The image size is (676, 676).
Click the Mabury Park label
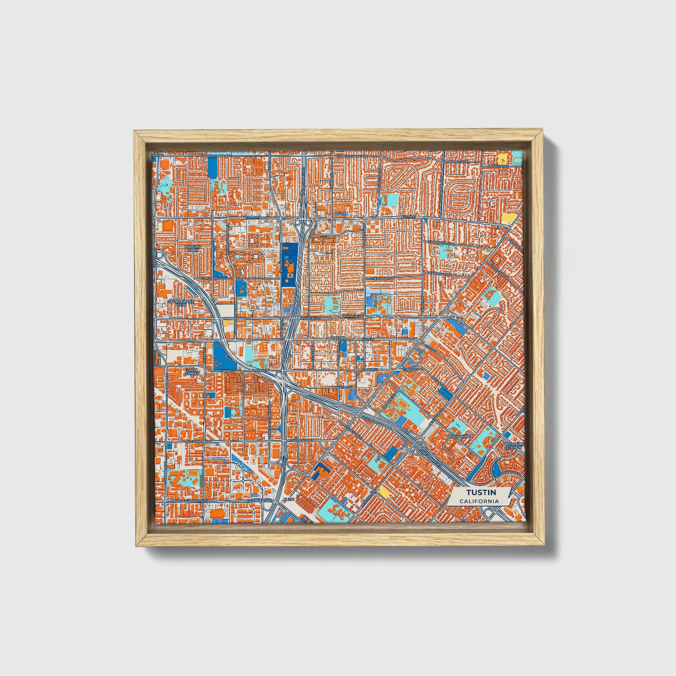(192, 248)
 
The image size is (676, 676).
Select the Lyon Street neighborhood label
(192, 372)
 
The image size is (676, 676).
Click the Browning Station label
(514, 445)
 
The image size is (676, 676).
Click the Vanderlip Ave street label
(442, 243)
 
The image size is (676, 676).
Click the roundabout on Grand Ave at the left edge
(161, 256)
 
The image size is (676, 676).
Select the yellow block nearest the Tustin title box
(383, 490)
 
